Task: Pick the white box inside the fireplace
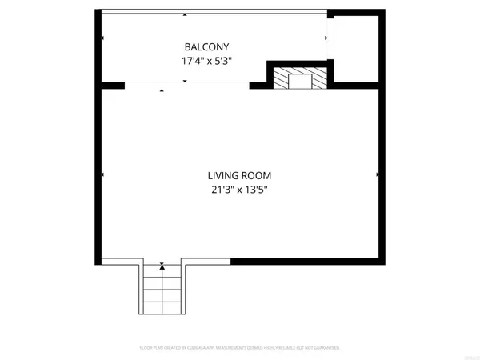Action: click(298, 79)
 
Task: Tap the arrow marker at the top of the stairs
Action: click(162, 265)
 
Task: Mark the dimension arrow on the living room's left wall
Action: click(103, 174)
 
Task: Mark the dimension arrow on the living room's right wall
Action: click(377, 174)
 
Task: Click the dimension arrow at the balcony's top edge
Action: click(185, 15)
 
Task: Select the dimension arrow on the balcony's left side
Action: click(102, 38)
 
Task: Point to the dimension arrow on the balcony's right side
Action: click(326, 38)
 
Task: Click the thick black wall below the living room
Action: click(307, 260)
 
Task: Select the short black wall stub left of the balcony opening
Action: click(113, 84)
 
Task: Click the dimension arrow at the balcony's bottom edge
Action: click(185, 82)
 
